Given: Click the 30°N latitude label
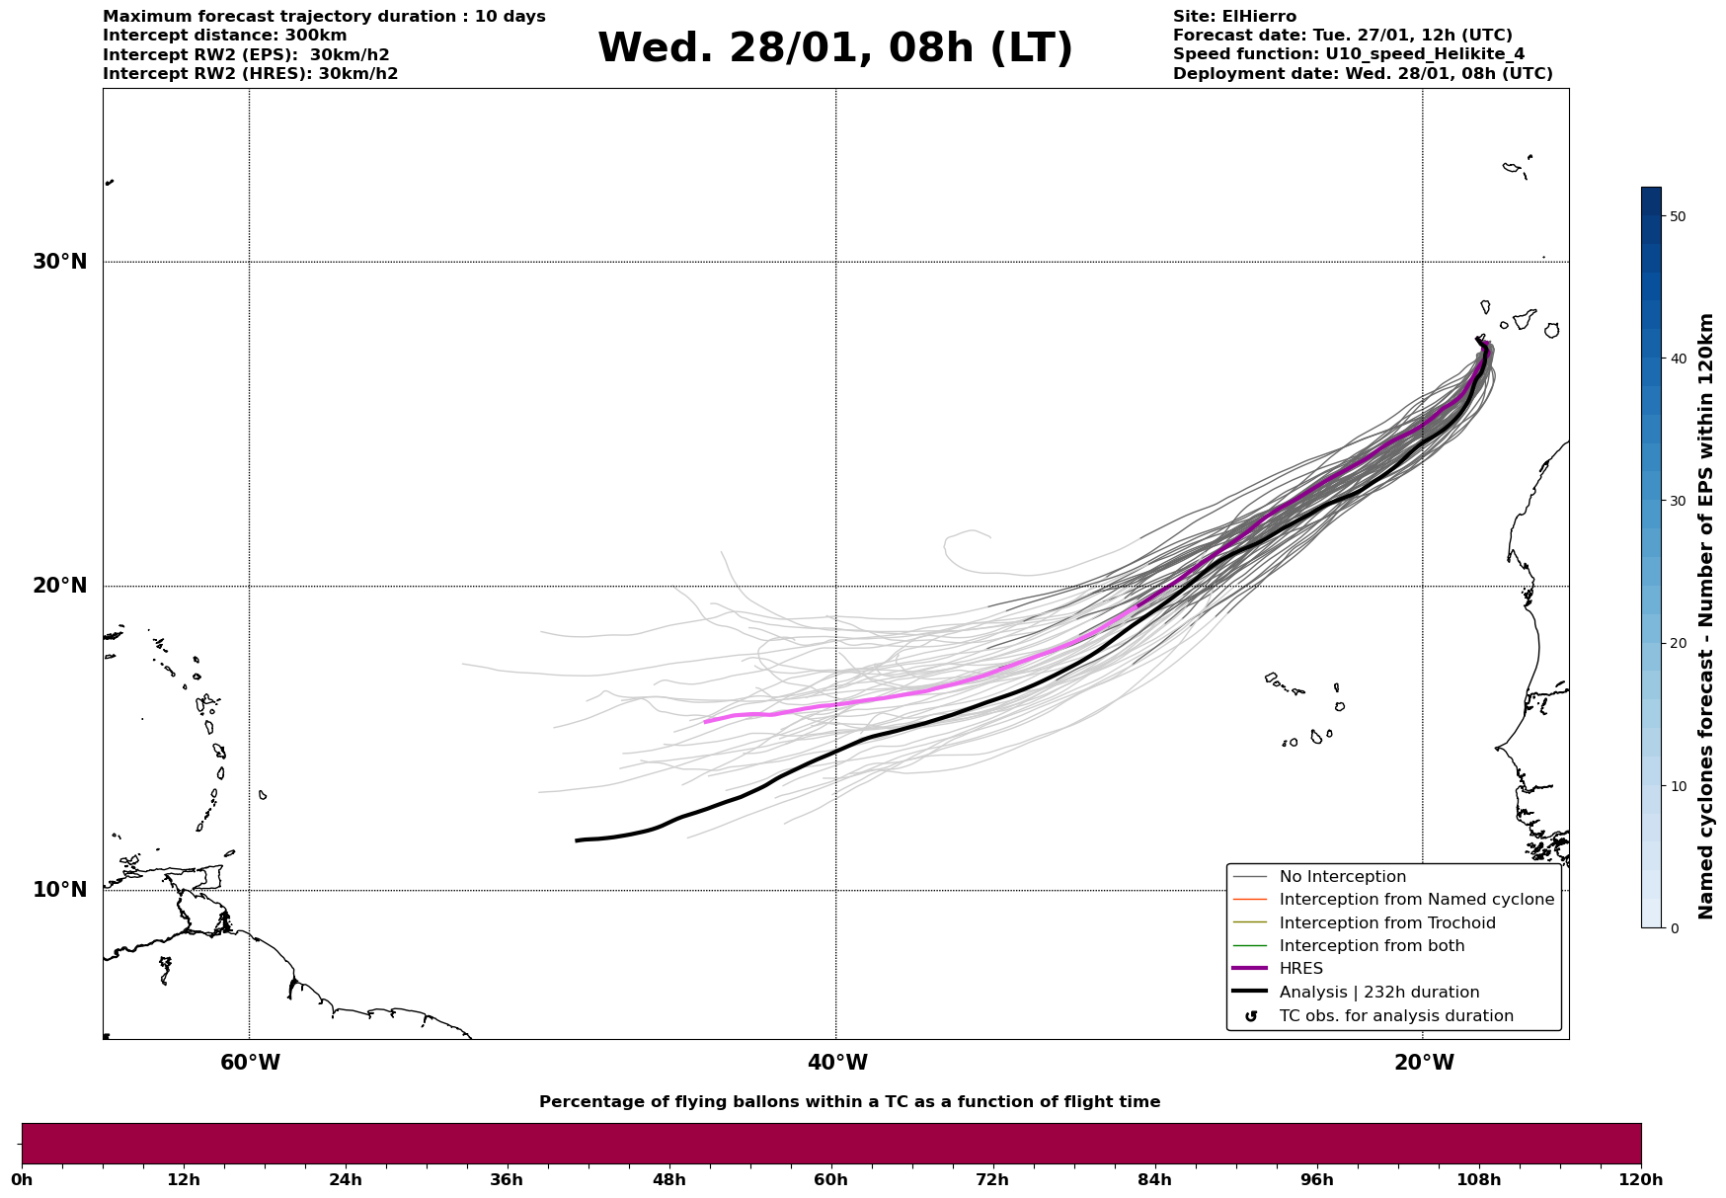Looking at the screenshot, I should coord(59,262).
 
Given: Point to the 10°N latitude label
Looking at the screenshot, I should coord(59,890).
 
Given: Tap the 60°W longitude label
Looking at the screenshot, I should coord(250,1063).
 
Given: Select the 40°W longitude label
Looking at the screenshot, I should coord(837,1063).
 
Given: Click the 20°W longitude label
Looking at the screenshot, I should coord(1424,1063).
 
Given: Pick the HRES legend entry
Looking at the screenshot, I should coord(1300,969).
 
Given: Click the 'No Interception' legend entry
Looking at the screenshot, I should coord(1342,877).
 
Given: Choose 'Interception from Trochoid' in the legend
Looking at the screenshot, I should coord(1386,923).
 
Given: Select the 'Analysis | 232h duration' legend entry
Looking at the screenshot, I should coord(1378,993).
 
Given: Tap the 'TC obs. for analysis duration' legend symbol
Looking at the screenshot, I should coord(1251,1016).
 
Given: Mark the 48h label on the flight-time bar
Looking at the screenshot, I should coord(668,1179).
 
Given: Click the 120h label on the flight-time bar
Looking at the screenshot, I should coord(1641,1179).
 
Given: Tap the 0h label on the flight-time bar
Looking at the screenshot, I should coord(22,1179).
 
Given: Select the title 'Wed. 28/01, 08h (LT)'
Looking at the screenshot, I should coord(834,48).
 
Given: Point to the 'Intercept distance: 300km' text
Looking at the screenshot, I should coord(224,36).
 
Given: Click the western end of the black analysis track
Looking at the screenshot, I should coord(578,840).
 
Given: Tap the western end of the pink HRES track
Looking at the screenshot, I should coord(705,722).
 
